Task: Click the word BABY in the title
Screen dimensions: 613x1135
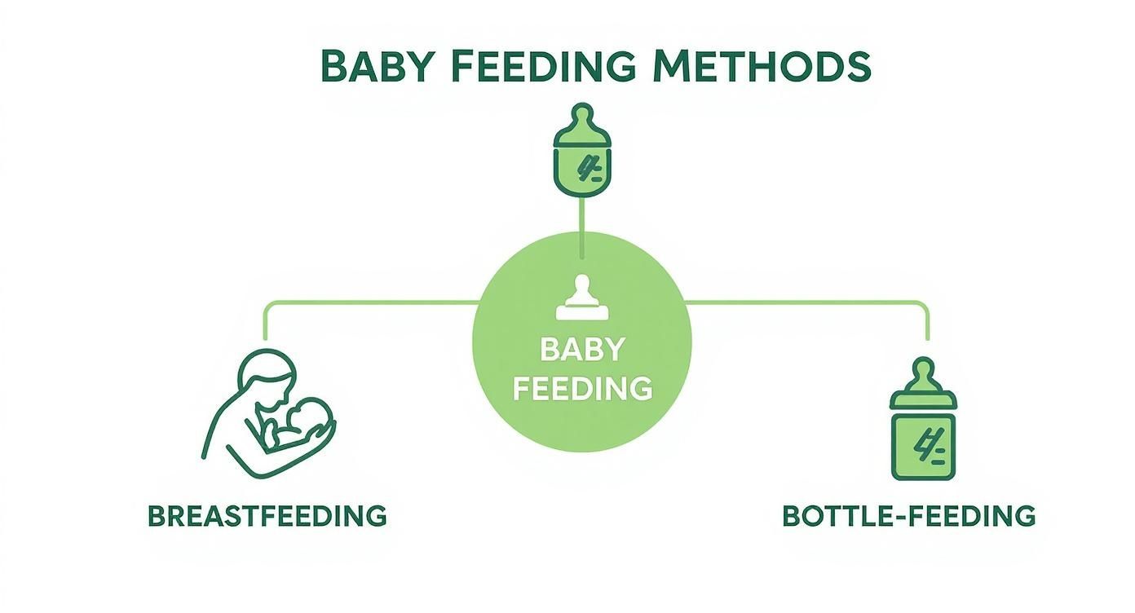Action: [x=375, y=67]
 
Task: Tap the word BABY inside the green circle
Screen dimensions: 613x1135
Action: [x=582, y=350]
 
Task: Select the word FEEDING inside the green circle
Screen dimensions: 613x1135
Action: [x=582, y=388]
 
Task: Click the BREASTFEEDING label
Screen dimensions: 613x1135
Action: [x=267, y=516]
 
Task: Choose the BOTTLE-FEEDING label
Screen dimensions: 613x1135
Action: [x=908, y=516]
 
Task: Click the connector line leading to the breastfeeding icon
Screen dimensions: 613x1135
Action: [x=367, y=302]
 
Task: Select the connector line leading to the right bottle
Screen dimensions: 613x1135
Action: [x=807, y=302]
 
